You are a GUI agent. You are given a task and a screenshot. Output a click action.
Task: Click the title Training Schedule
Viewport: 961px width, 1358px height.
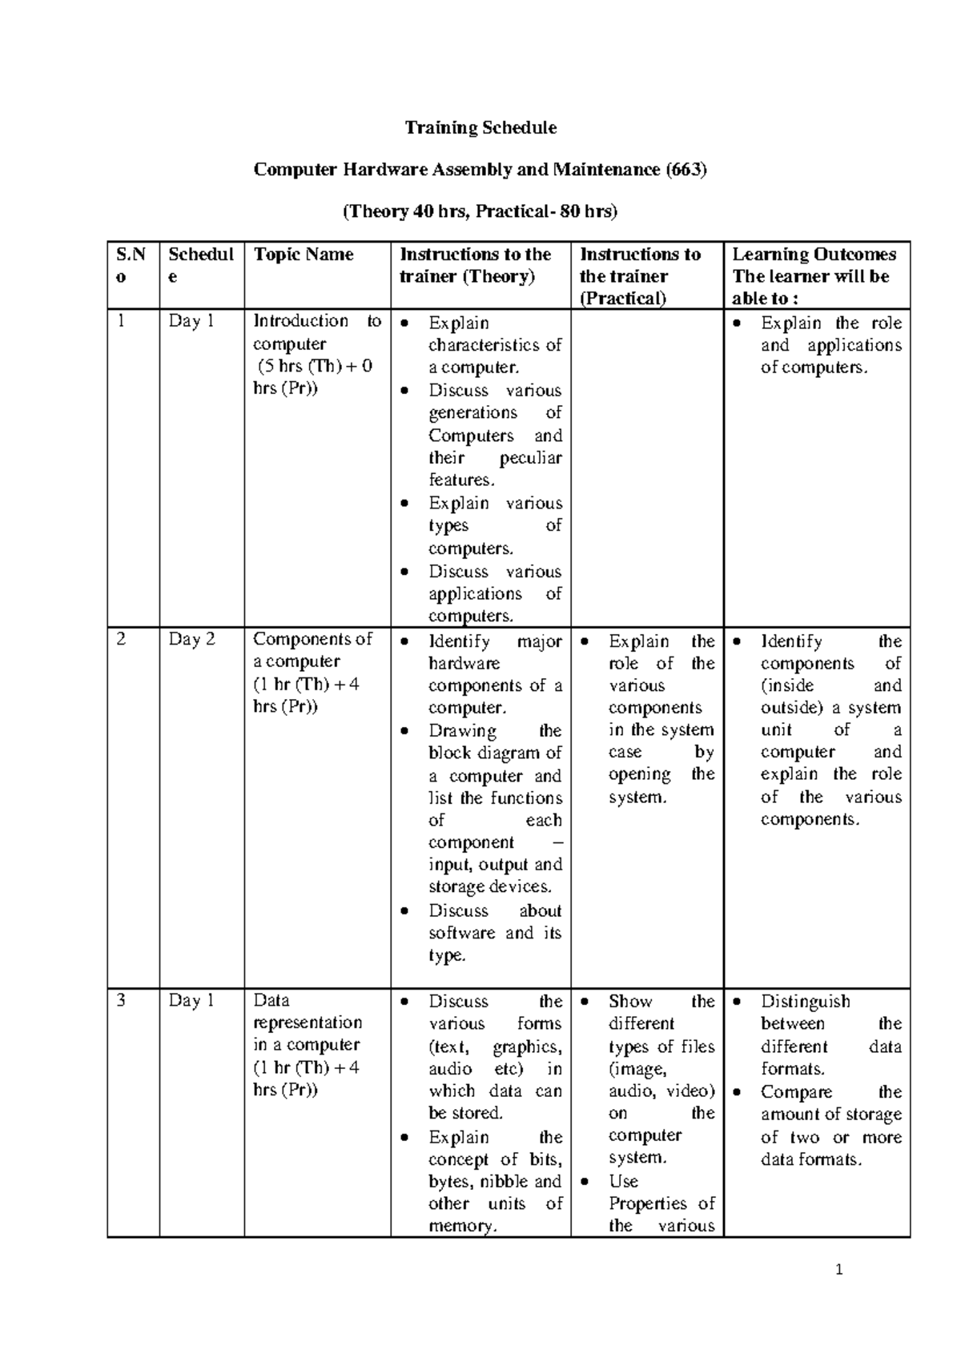tap(480, 128)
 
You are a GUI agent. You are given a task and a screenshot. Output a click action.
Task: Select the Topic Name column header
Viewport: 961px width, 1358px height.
tap(304, 255)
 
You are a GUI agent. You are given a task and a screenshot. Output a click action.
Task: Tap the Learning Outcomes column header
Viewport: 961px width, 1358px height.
tap(814, 255)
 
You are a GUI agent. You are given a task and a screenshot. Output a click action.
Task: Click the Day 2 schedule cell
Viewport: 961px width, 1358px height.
tap(191, 640)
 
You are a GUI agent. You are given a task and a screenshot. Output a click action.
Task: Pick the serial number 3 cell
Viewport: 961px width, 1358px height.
tap(122, 1000)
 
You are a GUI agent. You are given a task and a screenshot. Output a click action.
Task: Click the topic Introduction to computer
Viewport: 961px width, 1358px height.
tap(316, 332)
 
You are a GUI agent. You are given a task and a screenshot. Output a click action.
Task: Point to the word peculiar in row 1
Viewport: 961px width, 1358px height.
tap(530, 458)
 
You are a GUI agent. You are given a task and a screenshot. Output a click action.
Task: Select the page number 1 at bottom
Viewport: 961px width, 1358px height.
tap(839, 1270)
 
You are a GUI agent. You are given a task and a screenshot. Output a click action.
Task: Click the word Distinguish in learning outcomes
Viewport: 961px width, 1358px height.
tap(805, 1002)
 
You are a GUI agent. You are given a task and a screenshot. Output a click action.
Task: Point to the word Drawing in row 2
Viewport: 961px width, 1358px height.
tap(462, 731)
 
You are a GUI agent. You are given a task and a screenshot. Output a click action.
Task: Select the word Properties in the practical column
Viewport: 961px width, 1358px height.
tap(647, 1204)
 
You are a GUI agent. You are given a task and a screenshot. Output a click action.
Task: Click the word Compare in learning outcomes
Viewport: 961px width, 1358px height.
tap(796, 1092)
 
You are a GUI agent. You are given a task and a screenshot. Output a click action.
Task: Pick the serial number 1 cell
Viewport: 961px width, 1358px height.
tap(122, 321)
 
